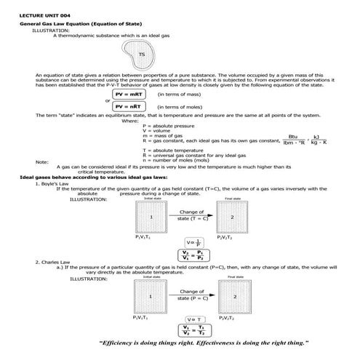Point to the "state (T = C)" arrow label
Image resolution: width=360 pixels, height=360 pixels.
coord(191,217)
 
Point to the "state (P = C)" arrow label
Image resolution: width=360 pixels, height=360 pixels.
coord(191,297)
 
